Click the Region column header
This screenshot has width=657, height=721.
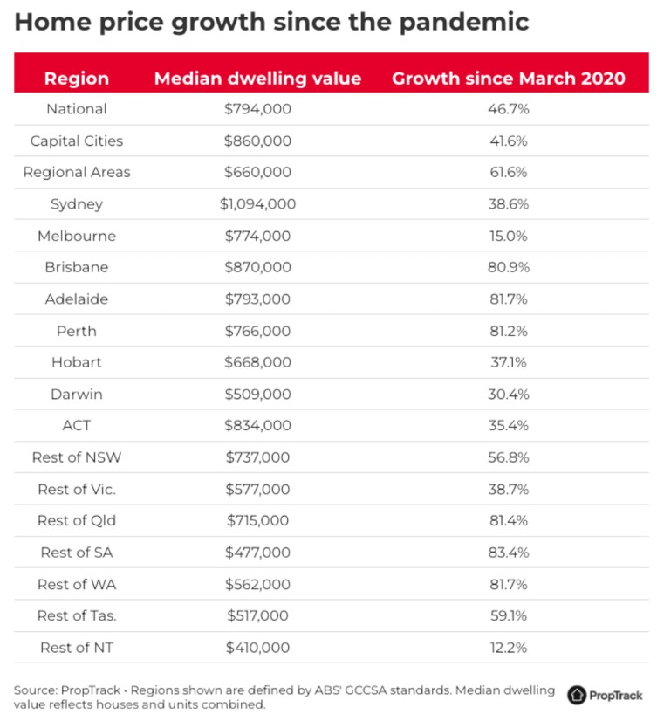pyautogui.click(x=77, y=78)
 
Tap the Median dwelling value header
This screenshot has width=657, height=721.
pyautogui.click(x=257, y=78)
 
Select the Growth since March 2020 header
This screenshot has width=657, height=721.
pyautogui.click(x=509, y=78)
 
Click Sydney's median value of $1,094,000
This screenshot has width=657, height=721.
pyautogui.click(x=257, y=204)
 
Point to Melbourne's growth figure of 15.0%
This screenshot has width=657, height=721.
pyautogui.click(x=509, y=236)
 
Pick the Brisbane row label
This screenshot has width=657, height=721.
pyautogui.click(x=77, y=267)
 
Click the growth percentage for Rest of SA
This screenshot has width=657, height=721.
pyautogui.click(x=509, y=553)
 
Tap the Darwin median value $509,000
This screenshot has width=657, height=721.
pyautogui.click(x=257, y=394)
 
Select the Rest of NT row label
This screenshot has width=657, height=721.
pyautogui.click(x=77, y=647)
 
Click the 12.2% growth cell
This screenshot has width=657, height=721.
pyautogui.click(x=509, y=647)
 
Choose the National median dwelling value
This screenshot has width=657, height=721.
pyautogui.click(x=257, y=109)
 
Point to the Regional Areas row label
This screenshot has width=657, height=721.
pyautogui.click(x=77, y=172)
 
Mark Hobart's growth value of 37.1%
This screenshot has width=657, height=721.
pyautogui.click(x=509, y=362)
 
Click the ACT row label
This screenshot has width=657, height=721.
pyautogui.click(x=77, y=426)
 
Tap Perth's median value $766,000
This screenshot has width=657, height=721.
pyautogui.click(x=257, y=331)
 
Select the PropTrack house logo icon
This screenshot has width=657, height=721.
pyautogui.click(x=577, y=695)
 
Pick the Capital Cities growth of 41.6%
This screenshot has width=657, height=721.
pyautogui.click(x=509, y=141)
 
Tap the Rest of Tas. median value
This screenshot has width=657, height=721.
pyautogui.click(x=257, y=615)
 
